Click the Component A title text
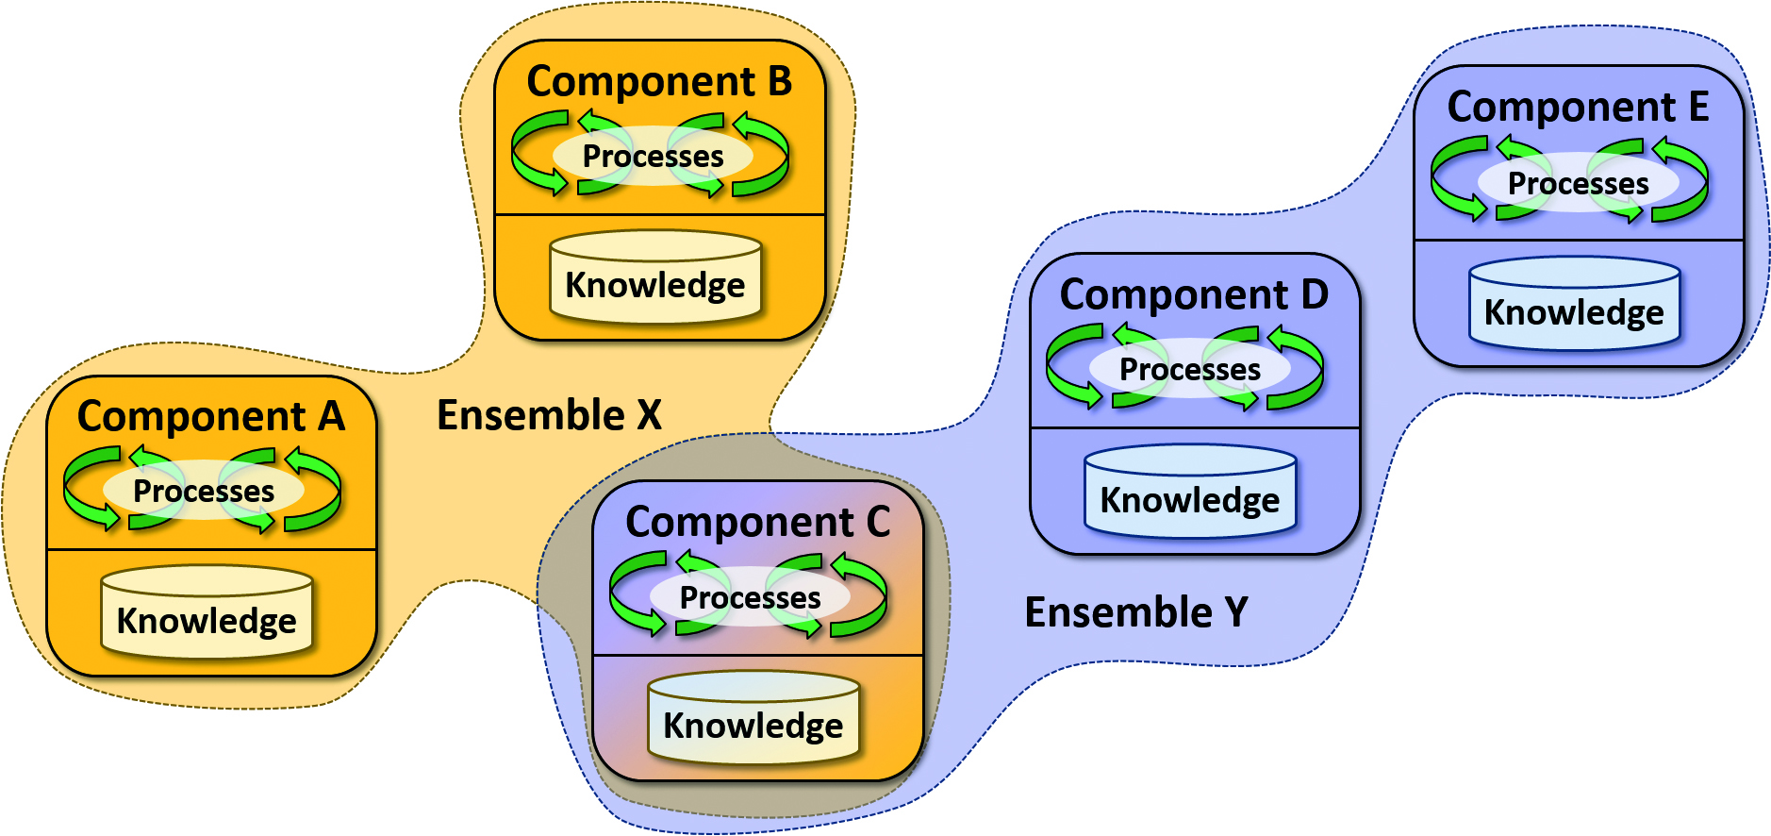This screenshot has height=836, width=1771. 211,416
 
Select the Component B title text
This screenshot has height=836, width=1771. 659,81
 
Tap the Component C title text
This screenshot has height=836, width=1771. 757,522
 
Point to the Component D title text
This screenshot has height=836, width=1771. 1194,294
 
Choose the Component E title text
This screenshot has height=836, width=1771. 1578,107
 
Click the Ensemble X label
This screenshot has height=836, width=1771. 549,415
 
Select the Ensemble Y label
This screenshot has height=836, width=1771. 1135,612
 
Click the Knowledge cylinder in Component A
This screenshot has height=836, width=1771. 207,612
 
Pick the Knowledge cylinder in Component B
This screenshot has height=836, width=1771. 655,277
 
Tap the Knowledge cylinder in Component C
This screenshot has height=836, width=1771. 753,718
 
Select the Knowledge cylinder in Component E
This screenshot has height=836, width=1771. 1574,305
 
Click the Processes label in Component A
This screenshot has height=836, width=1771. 204,491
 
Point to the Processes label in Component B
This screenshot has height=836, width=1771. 653,156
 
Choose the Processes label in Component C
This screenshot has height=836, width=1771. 750,597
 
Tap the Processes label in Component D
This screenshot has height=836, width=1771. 1189,369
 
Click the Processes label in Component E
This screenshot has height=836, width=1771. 1578,183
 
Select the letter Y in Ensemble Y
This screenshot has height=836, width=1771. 1236,612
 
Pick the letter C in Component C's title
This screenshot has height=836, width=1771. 878,522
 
